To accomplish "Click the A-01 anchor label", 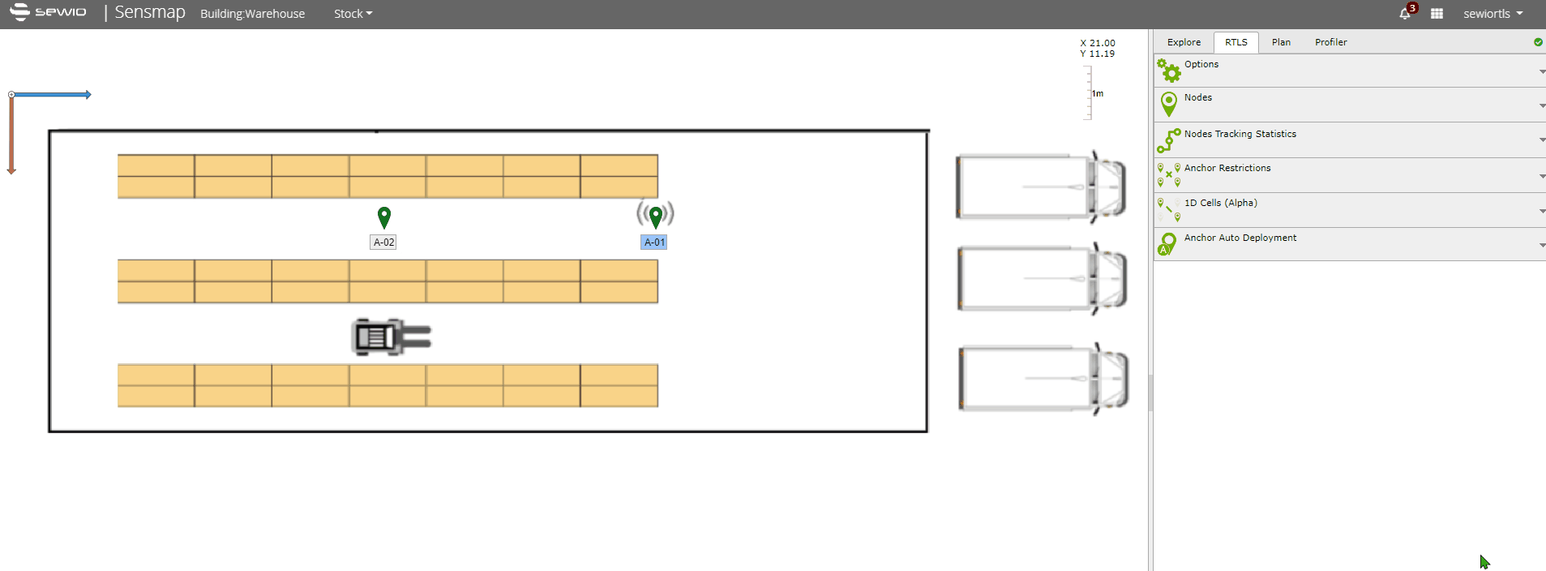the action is coord(654,243).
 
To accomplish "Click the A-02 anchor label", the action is coord(383,243).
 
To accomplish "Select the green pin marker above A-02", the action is coord(384,217).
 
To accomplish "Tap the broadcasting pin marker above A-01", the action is coord(655,216).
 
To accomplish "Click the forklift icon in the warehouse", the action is coord(392,337).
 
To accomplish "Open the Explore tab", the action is coord(1184,42).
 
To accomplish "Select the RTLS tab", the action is coord(1236,42).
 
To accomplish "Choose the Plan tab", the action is coord(1281,42).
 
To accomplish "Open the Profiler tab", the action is coord(1331,42).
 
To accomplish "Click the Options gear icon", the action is coord(1169,71).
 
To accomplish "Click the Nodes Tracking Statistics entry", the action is coord(1240,134).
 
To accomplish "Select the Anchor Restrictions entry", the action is coord(1227,168).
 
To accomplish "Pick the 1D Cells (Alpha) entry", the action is coord(1220,203).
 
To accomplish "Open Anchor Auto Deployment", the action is coord(1240,238).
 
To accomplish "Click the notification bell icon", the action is coord(1405,14).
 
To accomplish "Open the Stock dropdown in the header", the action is coord(353,14).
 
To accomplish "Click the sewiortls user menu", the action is coord(1492,14).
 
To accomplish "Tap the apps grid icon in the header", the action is coord(1437,14).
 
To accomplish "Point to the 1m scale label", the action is coord(1098,94).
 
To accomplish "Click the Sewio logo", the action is coord(48,11).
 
